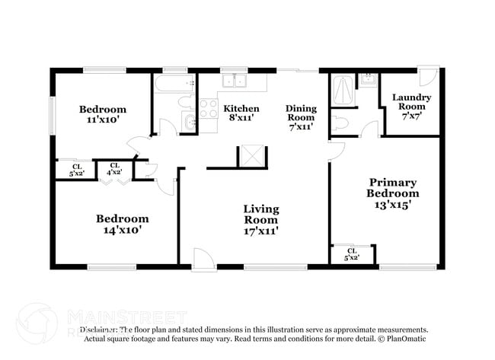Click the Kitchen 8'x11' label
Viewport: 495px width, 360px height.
241,113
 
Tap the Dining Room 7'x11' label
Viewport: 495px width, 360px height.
300,118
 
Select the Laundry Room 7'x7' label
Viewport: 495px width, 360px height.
411,102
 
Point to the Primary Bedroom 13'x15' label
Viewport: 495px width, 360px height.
392,193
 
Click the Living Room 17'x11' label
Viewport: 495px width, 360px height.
260,219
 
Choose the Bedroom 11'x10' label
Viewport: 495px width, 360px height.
103,114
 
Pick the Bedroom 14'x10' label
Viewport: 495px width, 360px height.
122,223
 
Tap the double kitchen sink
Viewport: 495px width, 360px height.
234,81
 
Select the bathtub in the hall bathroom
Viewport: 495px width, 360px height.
174,83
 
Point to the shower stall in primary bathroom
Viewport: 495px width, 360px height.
342,92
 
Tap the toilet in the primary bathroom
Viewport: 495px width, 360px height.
340,123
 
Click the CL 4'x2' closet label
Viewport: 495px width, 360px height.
114,170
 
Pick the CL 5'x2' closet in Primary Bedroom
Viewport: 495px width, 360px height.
352,254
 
